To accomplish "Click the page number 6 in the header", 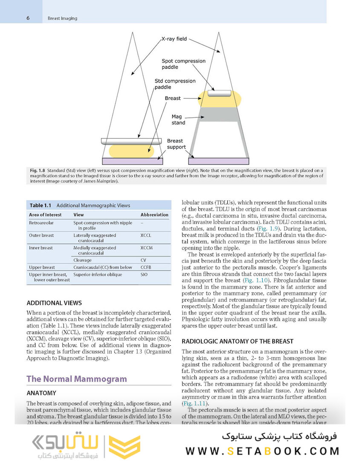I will coord(28,18).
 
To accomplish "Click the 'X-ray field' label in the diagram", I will coord(174,39).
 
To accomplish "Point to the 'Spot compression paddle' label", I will coord(183,64).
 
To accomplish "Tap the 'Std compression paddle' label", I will coord(175,84).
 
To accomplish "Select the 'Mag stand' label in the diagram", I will coord(178,119).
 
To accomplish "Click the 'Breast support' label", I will coord(176,144).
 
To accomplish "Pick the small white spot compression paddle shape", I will coord(219,93).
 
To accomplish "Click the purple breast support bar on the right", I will coord(219,161).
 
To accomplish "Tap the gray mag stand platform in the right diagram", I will coord(219,114).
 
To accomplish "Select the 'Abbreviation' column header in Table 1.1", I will coord(154,215).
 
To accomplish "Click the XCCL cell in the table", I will coord(145,235).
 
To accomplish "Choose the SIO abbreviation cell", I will coord(144,274).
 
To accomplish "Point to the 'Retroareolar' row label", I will coord(41,223).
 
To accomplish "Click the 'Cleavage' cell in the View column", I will coord(82,260).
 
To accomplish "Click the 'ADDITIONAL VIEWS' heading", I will coord(54,303).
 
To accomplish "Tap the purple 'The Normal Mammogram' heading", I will coord(76,379).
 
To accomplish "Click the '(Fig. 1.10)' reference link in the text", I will coord(256,280).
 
